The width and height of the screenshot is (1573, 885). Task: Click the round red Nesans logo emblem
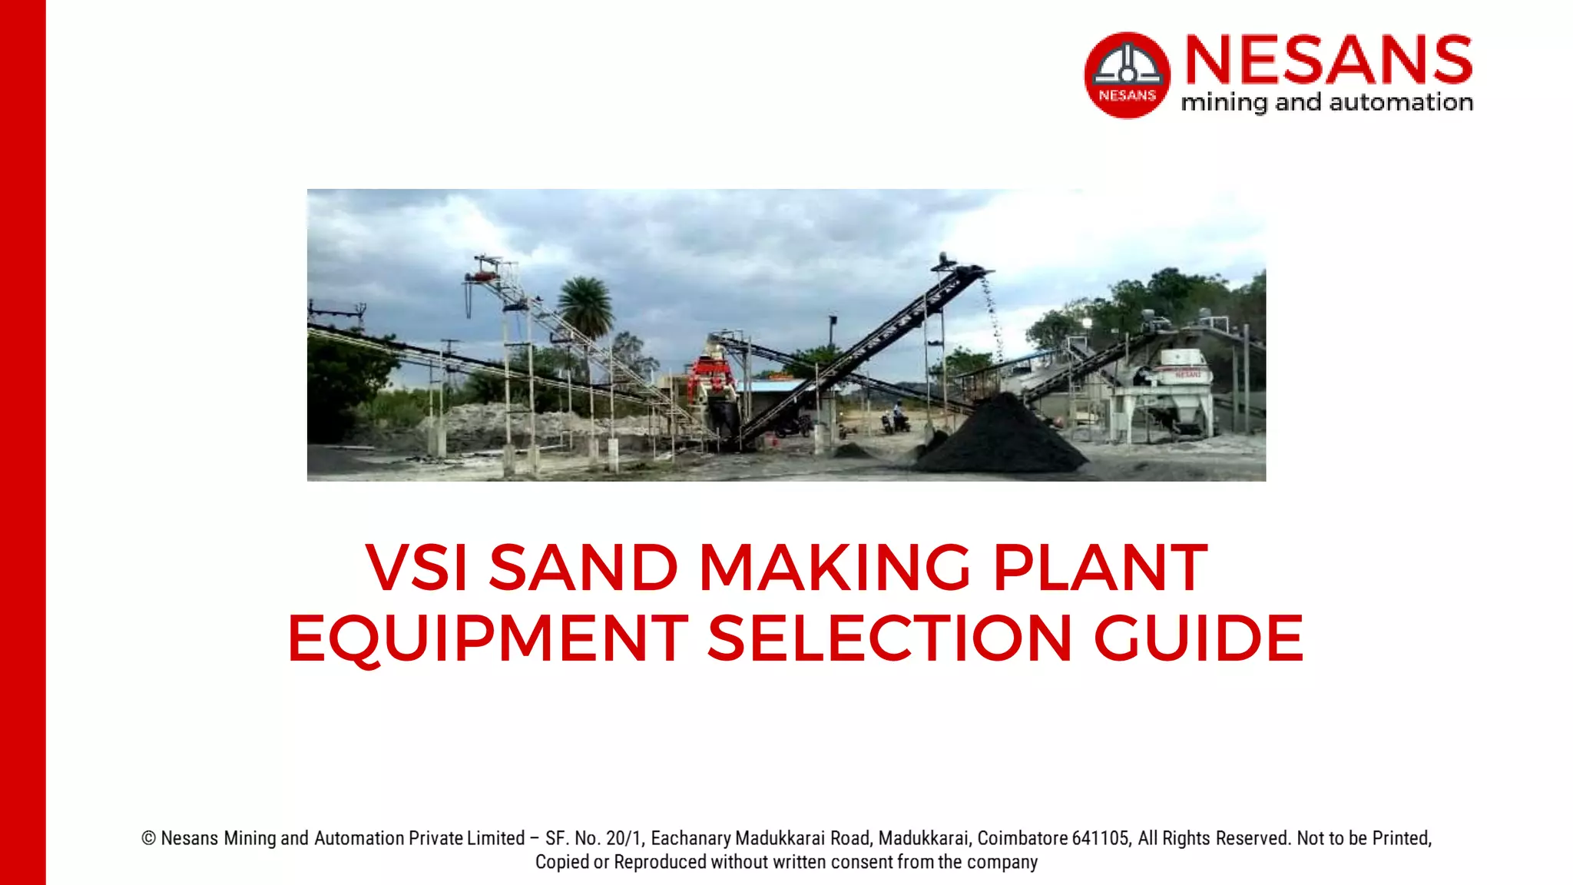pyautogui.click(x=1127, y=75)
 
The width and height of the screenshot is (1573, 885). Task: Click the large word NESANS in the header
pyautogui.click(x=1328, y=59)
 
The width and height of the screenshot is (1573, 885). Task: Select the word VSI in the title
pyautogui.click(x=416, y=568)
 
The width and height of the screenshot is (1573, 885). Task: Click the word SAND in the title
pyautogui.click(x=584, y=568)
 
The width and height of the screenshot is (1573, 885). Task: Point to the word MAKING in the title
pyautogui.click(x=835, y=568)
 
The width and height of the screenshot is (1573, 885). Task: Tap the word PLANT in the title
pyautogui.click(x=1100, y=568)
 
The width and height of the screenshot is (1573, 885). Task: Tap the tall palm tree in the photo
pyautogui.click(x=585, y=307)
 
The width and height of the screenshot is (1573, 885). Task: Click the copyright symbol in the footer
pyautogui.click(x=149, y=838)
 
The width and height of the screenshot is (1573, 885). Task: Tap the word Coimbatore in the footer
pyautogui.click(x=1022, y=838)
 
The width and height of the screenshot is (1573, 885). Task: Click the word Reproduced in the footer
pyautogui.click(x=660, y=862)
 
